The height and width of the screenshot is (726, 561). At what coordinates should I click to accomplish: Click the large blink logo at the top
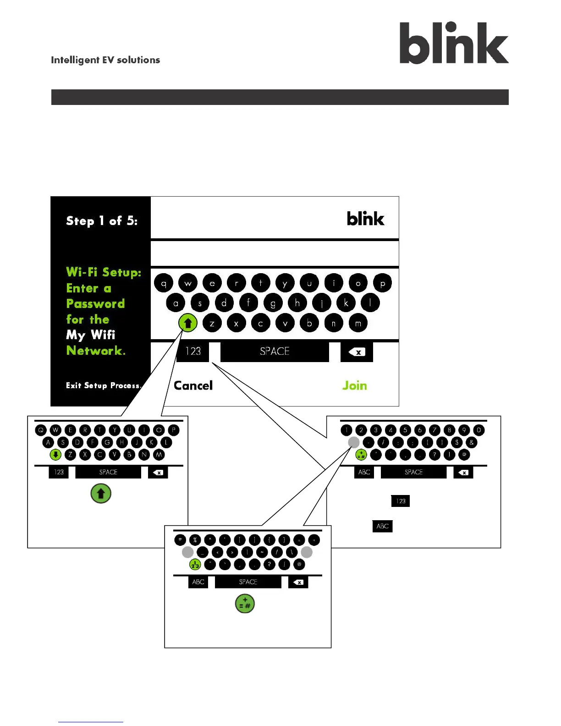click(454, 43)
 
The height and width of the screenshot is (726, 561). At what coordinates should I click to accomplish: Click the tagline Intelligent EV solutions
click(105, 60)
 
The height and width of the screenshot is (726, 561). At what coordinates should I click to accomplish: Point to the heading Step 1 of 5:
click(102, 221)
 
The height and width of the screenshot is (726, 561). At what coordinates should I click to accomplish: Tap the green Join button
click(354, 385)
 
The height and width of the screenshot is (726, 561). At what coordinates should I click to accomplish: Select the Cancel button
click(193, 385)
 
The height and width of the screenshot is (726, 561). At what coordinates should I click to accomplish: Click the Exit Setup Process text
click(103, 385)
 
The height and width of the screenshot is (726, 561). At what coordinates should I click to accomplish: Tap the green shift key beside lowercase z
click(188, 323)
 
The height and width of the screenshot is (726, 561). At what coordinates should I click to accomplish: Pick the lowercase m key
click(358, 323)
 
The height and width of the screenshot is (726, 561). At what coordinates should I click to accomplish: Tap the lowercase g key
click(273, 303)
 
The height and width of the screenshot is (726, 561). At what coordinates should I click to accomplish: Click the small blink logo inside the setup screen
click(365, 219)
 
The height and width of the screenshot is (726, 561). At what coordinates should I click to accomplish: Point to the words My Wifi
click(90, 335)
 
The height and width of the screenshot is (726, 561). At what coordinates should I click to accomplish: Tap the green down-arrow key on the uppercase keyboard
click(55, 455)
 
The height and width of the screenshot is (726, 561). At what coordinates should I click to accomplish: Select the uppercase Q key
click(41, 430)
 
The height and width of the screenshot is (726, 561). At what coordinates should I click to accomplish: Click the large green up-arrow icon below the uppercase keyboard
click(101, 494)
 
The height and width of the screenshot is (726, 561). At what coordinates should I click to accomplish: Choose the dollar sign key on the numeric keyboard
click(456, 442)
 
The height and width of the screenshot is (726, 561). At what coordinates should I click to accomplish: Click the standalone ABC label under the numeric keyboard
click(382, 526)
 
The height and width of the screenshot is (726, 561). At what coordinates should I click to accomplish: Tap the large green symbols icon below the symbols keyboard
click(245, 604)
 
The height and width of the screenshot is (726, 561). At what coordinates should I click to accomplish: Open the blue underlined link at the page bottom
click(90, 721)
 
